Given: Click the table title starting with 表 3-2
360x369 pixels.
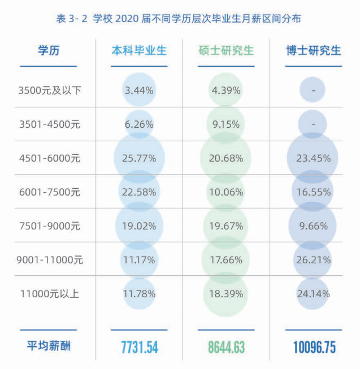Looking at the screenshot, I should (x=179, y=19).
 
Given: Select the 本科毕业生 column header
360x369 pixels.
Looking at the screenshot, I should (x=139, y=51).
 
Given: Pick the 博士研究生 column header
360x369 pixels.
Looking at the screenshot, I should (x=313, y=51).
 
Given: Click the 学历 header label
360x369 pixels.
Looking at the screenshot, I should (x=48, y=51).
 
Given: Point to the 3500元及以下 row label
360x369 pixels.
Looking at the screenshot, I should (x=50, y=90).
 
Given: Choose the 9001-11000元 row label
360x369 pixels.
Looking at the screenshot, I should (x=50, y=260).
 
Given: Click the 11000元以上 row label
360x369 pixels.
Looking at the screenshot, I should (x=50, y=294).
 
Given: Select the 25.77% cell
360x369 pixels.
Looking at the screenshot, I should (x=139, y=158).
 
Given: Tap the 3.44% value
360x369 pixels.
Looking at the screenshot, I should (x=139, y=90).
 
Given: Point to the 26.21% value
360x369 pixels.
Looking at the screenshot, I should (x=313, y=260).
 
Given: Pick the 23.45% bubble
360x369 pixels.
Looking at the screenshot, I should (x=313, y=158).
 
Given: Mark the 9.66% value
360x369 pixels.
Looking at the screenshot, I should (x=313, y=226).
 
